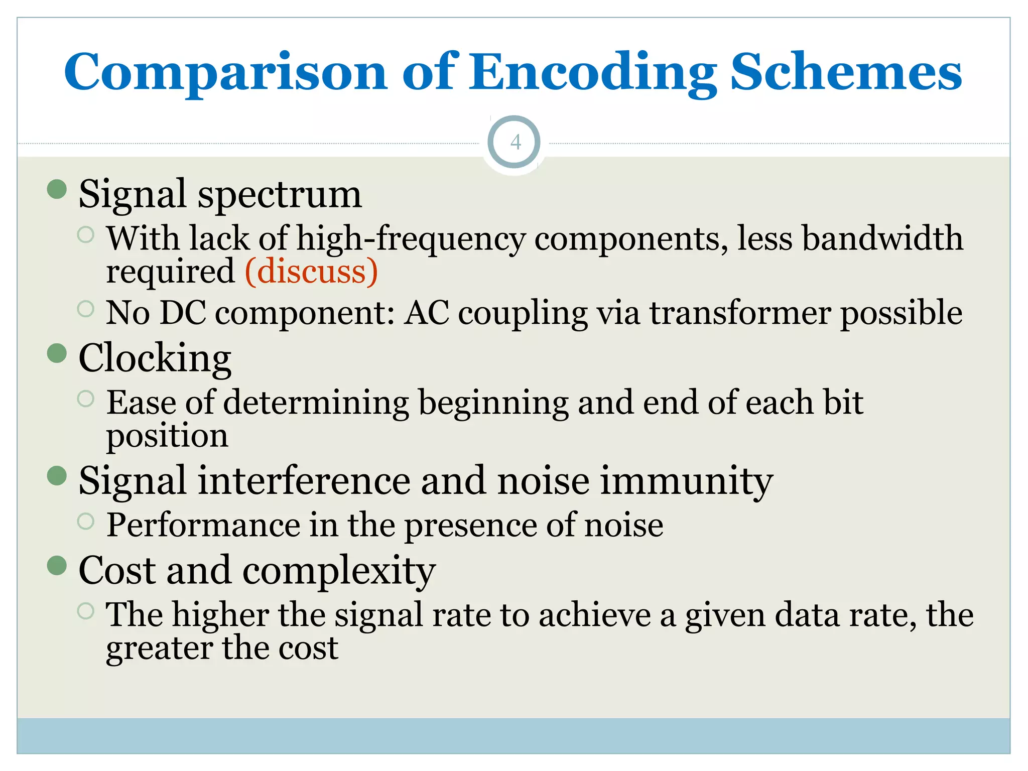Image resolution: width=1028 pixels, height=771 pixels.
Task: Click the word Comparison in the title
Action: tap(225, 72)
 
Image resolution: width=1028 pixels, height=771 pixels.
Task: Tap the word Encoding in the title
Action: tap(592, 72)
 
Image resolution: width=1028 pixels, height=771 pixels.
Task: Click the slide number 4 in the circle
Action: tap(515, 143)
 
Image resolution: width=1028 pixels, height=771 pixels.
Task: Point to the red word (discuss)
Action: tap(311, 272)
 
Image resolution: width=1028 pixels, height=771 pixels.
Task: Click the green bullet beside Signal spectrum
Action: tap(57, 190)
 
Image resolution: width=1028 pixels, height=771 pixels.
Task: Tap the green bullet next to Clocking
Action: tap(57, 353)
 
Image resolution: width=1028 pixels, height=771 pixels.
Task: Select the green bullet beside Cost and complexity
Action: tap(57, 565)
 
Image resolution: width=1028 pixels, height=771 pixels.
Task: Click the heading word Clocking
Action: tap(155, 358)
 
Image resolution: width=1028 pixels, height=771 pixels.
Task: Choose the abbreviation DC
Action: tap(182, 313)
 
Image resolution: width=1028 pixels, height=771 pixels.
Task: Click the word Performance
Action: tap(203, 525)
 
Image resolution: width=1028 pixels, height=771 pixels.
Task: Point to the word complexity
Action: tap(339, 571)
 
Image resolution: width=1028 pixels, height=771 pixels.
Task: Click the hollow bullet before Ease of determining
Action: tap(86, 399)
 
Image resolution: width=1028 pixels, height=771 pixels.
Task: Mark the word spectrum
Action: tap(280, 195)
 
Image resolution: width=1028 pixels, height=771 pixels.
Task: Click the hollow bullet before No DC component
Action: tap(86, 309)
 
